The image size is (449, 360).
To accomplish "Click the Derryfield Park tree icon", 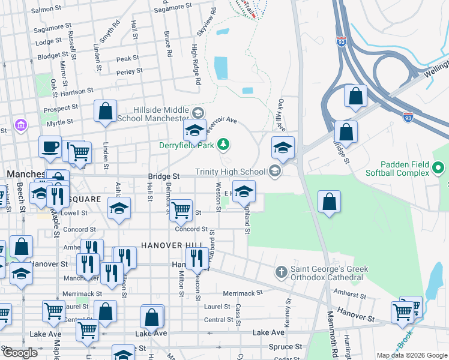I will pyautogui.click(x=223, y=144).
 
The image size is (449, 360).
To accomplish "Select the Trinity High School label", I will pyautogui.click(x=230, y=172).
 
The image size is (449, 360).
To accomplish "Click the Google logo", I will pyautogui.click(x=20, y=353).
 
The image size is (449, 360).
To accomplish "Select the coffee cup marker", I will pyautogui.click(x=50, y=146).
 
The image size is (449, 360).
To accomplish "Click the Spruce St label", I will pyautogui.click(x=285, y=347).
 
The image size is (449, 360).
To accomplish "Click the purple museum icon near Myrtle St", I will pyautogui.click(x=21, y=125).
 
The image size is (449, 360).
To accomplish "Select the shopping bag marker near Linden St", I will pyautogui.click(x=106, y=112).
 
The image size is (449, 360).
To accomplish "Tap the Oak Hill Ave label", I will pyautogui.click(x=280, y=113).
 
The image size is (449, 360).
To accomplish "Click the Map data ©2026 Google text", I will pyautogui.click(x=411, y=355).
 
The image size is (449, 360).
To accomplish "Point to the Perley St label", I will pyautogui.click(x=130, y=71).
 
